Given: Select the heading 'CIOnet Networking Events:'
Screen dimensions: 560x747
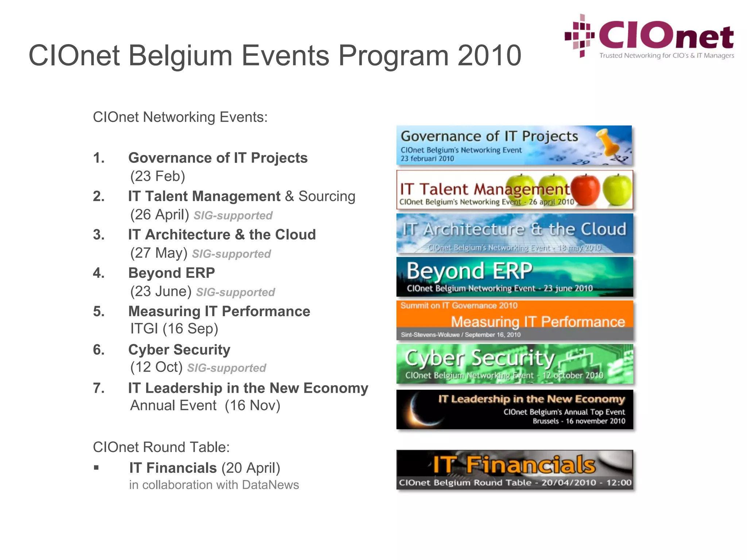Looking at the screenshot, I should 180,117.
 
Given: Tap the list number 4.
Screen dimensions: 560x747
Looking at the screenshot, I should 98,273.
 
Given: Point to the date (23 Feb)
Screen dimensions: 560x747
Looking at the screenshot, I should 158,176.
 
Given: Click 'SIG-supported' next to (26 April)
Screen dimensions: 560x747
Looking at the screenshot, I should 233,215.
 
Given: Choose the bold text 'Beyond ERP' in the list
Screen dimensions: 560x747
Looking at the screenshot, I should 171,273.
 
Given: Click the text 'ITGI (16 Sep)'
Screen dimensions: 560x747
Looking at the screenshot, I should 174,328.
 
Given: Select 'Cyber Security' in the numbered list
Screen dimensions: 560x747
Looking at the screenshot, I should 179,350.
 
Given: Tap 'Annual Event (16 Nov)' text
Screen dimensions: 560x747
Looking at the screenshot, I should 205,405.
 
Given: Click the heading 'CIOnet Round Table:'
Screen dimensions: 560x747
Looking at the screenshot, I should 161,447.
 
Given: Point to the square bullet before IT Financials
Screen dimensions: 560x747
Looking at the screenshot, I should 96,468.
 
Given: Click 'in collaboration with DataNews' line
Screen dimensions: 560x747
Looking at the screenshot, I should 214,485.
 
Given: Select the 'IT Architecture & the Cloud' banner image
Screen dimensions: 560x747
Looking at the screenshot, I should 514,233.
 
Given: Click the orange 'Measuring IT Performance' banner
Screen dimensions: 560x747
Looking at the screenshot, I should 514,320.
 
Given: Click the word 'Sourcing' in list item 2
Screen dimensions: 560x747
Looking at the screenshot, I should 327,196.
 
